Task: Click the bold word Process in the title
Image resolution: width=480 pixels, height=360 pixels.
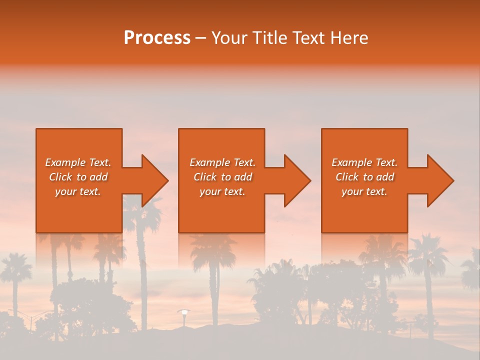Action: (157, 38)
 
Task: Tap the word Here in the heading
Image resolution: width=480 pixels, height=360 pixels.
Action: (349, 38)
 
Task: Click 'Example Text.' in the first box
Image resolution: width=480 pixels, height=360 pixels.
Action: (78, 162)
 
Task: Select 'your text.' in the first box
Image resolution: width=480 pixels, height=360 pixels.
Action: (78, 191)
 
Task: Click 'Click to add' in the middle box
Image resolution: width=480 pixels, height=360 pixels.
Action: (222, 177)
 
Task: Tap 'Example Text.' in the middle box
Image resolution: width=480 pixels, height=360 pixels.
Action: (222, 162)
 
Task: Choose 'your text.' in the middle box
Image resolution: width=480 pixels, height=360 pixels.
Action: (222, 191)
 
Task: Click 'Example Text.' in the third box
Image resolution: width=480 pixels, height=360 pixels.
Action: (364, 162)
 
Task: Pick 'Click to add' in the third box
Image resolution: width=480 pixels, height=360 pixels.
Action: (364, 177)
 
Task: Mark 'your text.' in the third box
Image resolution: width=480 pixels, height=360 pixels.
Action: (364, 191)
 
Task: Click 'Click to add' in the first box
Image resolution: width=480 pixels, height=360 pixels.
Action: (78, 177)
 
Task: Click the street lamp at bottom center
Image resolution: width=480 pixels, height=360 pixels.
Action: (184, 312)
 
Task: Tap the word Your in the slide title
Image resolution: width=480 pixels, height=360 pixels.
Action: (228, 38)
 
